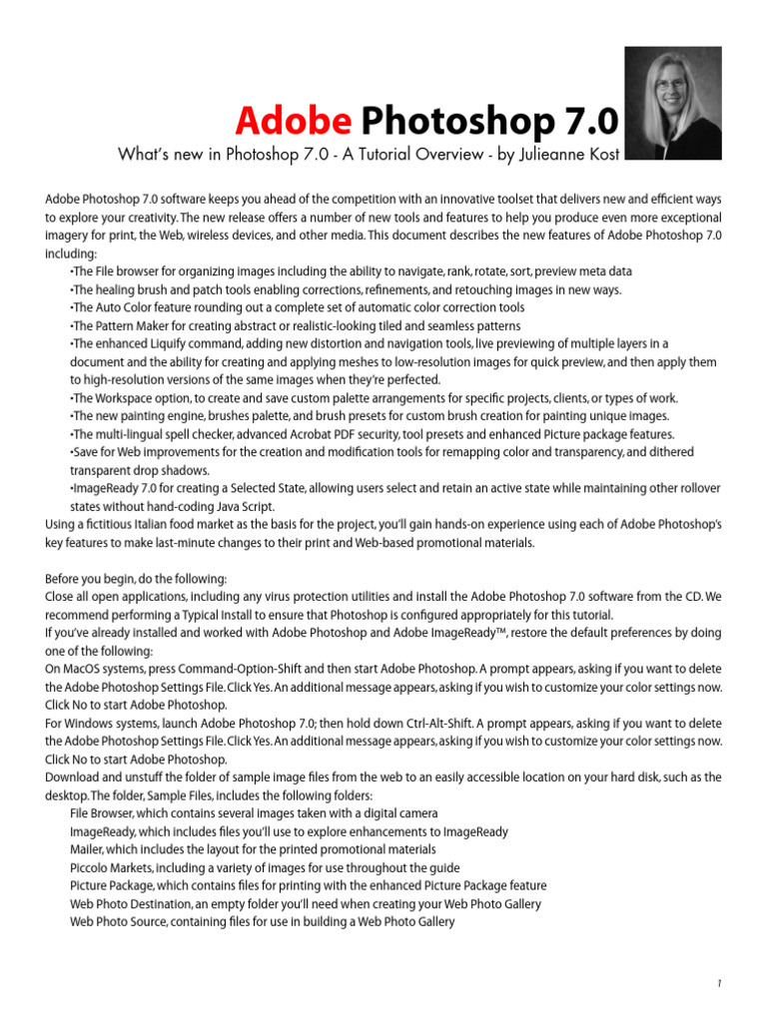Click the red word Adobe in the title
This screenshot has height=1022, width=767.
click(x=293, y=122)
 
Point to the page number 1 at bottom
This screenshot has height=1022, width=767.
click(x=718, y=983)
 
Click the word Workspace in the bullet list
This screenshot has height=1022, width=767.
click(x=123, y=398)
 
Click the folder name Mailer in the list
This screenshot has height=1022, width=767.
click(x=87, y=849)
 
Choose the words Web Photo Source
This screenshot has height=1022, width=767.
click(x=119, y=922)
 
